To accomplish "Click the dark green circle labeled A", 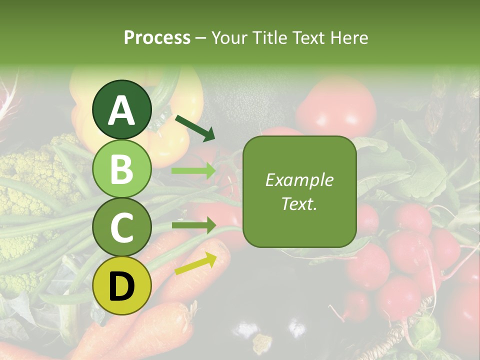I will (122, 109).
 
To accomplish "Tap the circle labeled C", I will (122, 227).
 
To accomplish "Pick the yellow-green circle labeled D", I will (122, 285).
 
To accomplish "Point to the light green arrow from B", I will (193, 171).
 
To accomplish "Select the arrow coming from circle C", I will (193, 225).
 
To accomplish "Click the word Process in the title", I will (157, 37).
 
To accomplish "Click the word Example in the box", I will (299, 180).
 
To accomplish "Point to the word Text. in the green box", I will (299, 203).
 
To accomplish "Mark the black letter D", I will (122, 286).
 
